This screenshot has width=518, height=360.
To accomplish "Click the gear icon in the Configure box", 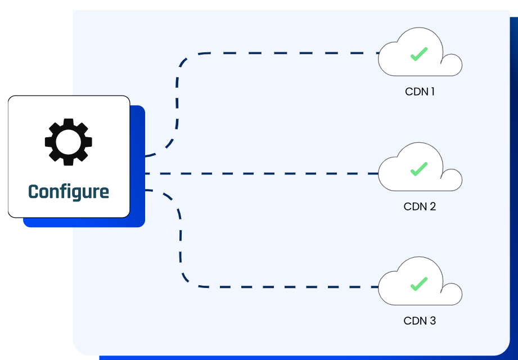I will pyautogui.click(x=69, y=141).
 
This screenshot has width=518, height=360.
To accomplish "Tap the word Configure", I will pyautogui.click(x=69, y=192).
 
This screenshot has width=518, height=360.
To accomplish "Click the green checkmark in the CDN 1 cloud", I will pyautogui.click(x=418, y=55).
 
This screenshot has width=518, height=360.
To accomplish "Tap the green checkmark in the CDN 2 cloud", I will pyautogui.click(x=418, y=169).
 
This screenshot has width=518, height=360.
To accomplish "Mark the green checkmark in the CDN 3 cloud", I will pyautogui.click(x=418, y=283).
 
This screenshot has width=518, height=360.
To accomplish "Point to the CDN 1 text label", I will pyautogui.click(x=420, y=91).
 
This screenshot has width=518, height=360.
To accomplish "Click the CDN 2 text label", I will pyautogui.click(x=420, y=206).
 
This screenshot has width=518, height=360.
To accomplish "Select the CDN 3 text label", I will pyautogui.click(x=420, y=321).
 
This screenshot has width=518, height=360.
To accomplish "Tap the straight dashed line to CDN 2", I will pyautogui.click(x=259, y=173).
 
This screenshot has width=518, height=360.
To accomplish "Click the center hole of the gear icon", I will pyautogui.click(x=69, y=141).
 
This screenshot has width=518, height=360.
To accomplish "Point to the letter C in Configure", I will pyautogui.click(x=33, y=192).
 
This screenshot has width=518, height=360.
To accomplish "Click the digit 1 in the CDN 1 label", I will pyautogui.click(x=432, y=91).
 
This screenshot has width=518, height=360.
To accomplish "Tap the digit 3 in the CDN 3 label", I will pyautogui.click(x=433, y=321).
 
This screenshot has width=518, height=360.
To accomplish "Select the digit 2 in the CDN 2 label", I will pyautogui.click(x=433, y=206).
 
